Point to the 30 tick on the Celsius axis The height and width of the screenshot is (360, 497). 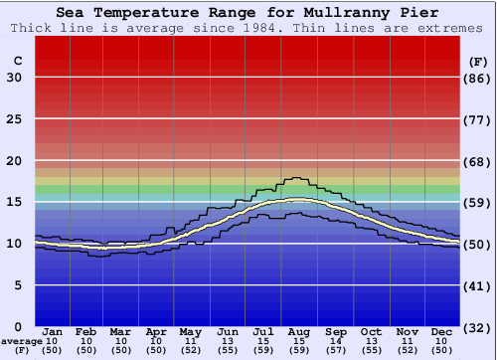tap(14, 78)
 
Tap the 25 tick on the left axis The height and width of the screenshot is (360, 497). tap(14, 119)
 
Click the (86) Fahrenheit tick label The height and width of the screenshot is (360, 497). tap(478, 78)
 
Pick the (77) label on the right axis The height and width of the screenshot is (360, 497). tap(478, 119)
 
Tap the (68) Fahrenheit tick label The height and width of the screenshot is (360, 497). tap(478, 161)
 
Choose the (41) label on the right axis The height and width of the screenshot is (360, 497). tap(478, 285)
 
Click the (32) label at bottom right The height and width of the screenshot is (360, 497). tap(478, 327)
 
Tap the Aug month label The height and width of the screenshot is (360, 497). tap(298, 331)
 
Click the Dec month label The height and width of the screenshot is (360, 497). tap(442, 331)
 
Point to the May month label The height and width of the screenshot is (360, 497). tap(190, 331)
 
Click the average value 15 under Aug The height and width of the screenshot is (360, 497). tap(298, 341)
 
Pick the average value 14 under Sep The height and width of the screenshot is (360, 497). tap(334, 341)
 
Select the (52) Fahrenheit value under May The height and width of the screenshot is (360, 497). tap(190, 350)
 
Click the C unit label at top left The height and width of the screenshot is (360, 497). tap(17, 61)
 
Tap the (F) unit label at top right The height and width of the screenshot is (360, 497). tap(477, 61)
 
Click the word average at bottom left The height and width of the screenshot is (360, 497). tap(21, 341)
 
